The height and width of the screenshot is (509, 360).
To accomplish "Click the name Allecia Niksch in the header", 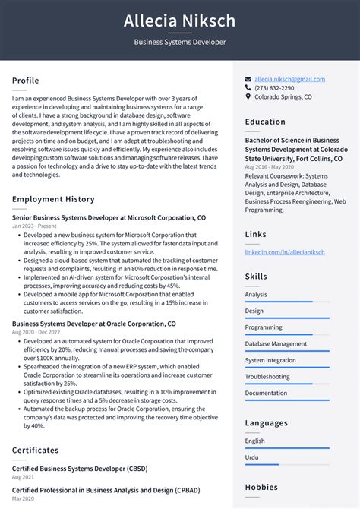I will point(180,21).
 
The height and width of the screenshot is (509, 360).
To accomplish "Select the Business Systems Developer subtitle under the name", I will point(180,42).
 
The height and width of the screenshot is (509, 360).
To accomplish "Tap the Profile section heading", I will point(25,81).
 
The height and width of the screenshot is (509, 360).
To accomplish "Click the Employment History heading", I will point(53,199).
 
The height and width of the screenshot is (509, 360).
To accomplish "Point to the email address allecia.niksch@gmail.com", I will point(289,79).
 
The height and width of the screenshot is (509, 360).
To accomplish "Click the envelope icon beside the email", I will point(248,79).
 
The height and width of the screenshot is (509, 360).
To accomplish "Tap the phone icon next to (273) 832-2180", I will point(248,88).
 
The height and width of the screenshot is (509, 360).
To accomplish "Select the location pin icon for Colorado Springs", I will point(248,97).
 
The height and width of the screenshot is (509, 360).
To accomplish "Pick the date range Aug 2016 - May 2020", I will point(270,166).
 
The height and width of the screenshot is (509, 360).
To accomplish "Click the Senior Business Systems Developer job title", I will point(109,217).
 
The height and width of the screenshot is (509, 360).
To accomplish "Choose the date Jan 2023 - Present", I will point(34,226).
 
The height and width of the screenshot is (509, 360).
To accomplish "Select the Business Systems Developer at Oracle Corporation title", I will point(93,324).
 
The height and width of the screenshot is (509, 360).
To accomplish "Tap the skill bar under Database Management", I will point(287,352).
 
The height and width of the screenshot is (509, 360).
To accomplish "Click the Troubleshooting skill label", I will point(267,377).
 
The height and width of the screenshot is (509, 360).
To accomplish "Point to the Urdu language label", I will point(252,457).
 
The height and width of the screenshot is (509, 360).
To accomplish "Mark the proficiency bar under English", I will point(287,448).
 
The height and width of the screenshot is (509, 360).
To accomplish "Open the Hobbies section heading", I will point(261,487).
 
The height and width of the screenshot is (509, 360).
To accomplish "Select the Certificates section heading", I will point(35,450).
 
